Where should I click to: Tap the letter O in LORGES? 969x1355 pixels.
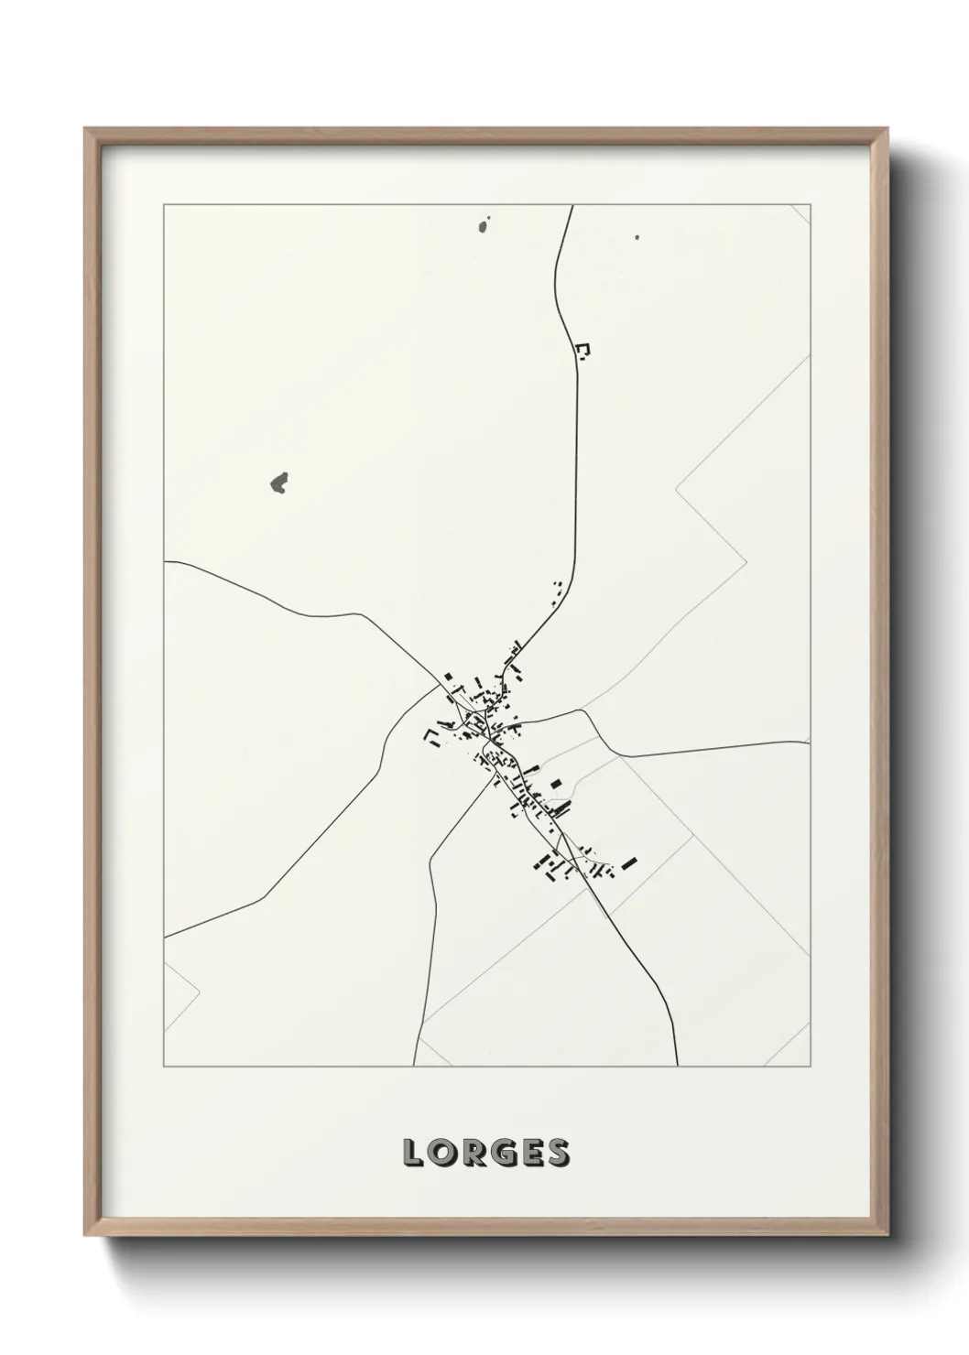441,1153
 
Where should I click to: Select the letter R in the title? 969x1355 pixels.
474,1153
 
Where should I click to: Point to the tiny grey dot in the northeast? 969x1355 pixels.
637,237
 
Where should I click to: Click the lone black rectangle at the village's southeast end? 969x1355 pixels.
628,862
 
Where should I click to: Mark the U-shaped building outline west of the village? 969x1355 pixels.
430,736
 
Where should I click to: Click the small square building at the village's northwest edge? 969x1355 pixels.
448,677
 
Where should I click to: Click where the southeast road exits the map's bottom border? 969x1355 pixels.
677,1066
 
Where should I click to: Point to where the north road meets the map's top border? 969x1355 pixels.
572,206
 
